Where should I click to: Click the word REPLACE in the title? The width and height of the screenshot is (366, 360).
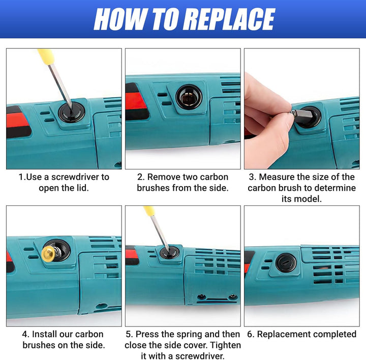pyautogui.click(x=229, y=19)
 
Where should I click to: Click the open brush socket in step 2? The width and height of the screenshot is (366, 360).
pyautogui.click(x=189, y=97)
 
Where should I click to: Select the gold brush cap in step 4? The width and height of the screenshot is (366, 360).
pyautogui.click(x=48, y=254)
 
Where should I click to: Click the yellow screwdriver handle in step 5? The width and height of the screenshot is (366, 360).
pyautogui.click(x=149, y=211)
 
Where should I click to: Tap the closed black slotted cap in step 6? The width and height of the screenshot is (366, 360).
pyautogui.click(x=286, y=263)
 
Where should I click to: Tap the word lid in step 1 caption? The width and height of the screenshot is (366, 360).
pyautogui.click(x=83, y=188)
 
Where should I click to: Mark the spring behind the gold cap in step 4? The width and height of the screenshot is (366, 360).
pyautogui.click(x=58, y=253)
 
